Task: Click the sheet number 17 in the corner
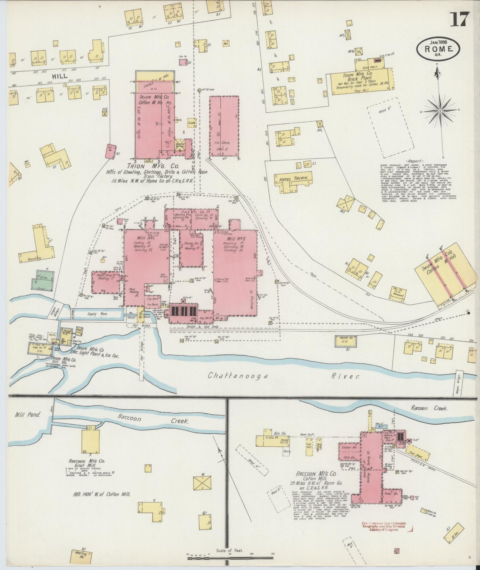coord(459,19)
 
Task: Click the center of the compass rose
coord(440,110)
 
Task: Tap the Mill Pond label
coord(27,415)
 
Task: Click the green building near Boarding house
coord(43,280)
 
